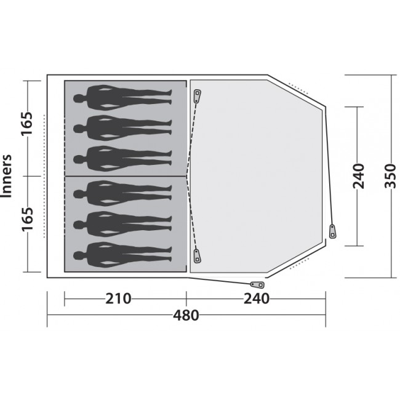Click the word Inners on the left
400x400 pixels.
pyautogui.click(x=7, y=176)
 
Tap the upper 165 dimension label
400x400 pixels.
pyautogui.click(x=27, y=123)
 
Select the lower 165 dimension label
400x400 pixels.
pyautogui.click(x=27, y=219)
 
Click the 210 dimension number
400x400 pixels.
pyautogui.click(x=118, y=298)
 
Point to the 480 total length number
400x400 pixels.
pyautogui.click(x=186, y=315)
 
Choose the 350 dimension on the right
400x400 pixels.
pyautogui.click(x=390, y=176)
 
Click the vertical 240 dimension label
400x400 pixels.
pyautogui.click(x=358, y=176)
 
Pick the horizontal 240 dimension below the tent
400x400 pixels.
pyautogui.click(x=257, y=298)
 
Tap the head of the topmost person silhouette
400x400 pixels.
pyautogui.click(x=79, y=98)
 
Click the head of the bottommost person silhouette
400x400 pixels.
pyautogui.click(x=79, y=255)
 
